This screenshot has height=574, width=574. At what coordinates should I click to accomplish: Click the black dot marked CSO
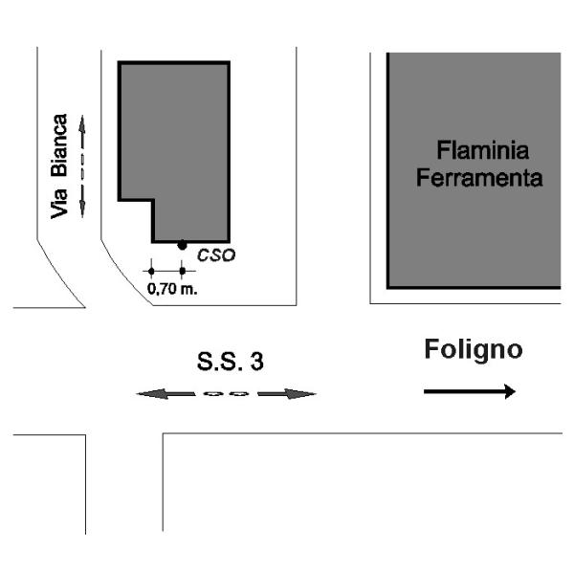pos(182,245)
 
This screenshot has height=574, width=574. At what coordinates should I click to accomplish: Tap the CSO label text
pos(216,255)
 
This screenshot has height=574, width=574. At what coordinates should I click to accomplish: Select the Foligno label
pos(473,350)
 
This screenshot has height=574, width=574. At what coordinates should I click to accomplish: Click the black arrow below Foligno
pos(469,390)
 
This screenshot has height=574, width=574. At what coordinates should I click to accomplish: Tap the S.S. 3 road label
pos(231,363)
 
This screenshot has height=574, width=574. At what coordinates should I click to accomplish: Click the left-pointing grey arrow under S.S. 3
pos(165,393)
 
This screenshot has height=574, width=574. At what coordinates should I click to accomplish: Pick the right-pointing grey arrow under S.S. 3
pos(286,393)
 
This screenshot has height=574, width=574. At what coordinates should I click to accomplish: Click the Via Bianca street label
pos(59,165)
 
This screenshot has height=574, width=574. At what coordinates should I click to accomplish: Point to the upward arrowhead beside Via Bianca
pos(82,125)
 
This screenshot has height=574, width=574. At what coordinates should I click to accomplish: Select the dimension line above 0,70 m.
pos(166,272)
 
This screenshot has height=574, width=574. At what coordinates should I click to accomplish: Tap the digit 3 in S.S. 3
pos(257,363)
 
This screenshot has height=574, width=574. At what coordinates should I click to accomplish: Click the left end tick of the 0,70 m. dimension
pos(150,272)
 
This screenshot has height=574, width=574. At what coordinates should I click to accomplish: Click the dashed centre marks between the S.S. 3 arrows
pos(227,393)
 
